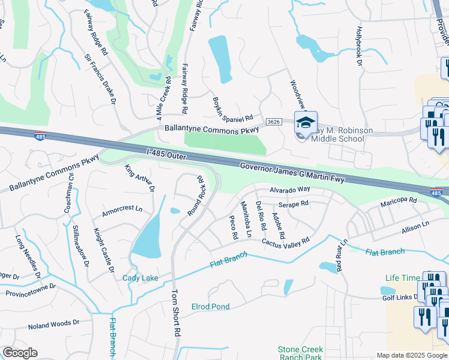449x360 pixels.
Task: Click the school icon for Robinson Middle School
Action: pyautogui.click(x=306, y=123)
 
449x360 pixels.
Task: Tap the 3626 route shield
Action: pyautogui.click(x=273, y=122)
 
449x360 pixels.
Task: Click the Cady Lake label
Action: pyautogui.click(x=140, y=278)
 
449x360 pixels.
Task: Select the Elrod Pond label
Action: pyautogui.click(x=210, y=307)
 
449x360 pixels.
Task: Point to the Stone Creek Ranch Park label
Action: pyautogui.click(x=300, y=353)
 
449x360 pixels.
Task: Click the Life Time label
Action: pyautogui.click(x=403, y=278)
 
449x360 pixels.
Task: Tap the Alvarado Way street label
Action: pyautogui.click(x=289, y=189)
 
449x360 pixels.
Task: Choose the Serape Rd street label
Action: pyautogui.click(x=297, y=203)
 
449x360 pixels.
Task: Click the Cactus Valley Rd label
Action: pyautogui.click(x=285, y=241)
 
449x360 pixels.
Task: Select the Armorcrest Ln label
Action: pyautogui.click(x=122, y=209)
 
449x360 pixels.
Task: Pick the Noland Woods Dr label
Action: pyautogui.click(x=53, y=325)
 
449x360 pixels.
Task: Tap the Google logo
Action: pyautogui.click(x=20, y=353)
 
